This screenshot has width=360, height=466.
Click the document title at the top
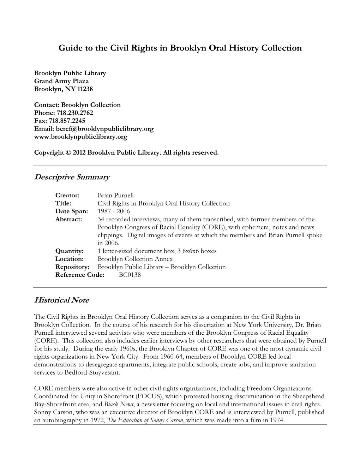pos(180,48)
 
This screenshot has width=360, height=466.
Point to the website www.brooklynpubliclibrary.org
pos(80,137)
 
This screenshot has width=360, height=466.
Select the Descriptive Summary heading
pos(72,177)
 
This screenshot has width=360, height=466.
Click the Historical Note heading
pos(61,300)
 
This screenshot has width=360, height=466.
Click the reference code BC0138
pos(130,275)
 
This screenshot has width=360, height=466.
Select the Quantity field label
pos(70,251)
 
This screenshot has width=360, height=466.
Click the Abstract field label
pos(69,219)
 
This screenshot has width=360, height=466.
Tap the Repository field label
pos(72,267)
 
